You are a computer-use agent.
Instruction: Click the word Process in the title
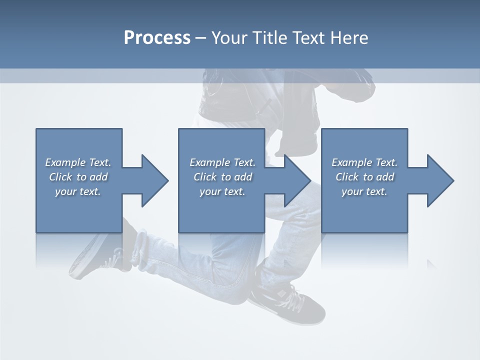click(157, 38)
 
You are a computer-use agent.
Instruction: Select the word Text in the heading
click(309, 38)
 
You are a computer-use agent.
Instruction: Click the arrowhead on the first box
click(154, 180)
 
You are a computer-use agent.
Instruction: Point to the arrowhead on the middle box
click(296, 180)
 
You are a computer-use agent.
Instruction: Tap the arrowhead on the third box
click(439, 180)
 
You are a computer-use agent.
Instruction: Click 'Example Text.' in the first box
click(78, 162)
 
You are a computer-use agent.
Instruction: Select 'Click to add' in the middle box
click(222, 177)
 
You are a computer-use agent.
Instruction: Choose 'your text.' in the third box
click(364, 191)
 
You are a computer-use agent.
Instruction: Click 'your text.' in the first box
click(78, 191)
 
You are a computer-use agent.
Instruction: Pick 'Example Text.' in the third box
click(364, 162)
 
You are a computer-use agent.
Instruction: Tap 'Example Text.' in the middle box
click(222, 162)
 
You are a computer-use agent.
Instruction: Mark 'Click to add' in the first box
click(78, 177)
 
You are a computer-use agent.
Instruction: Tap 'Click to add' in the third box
click(364, 177)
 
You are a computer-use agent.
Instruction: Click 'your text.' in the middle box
click(222, 191)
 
